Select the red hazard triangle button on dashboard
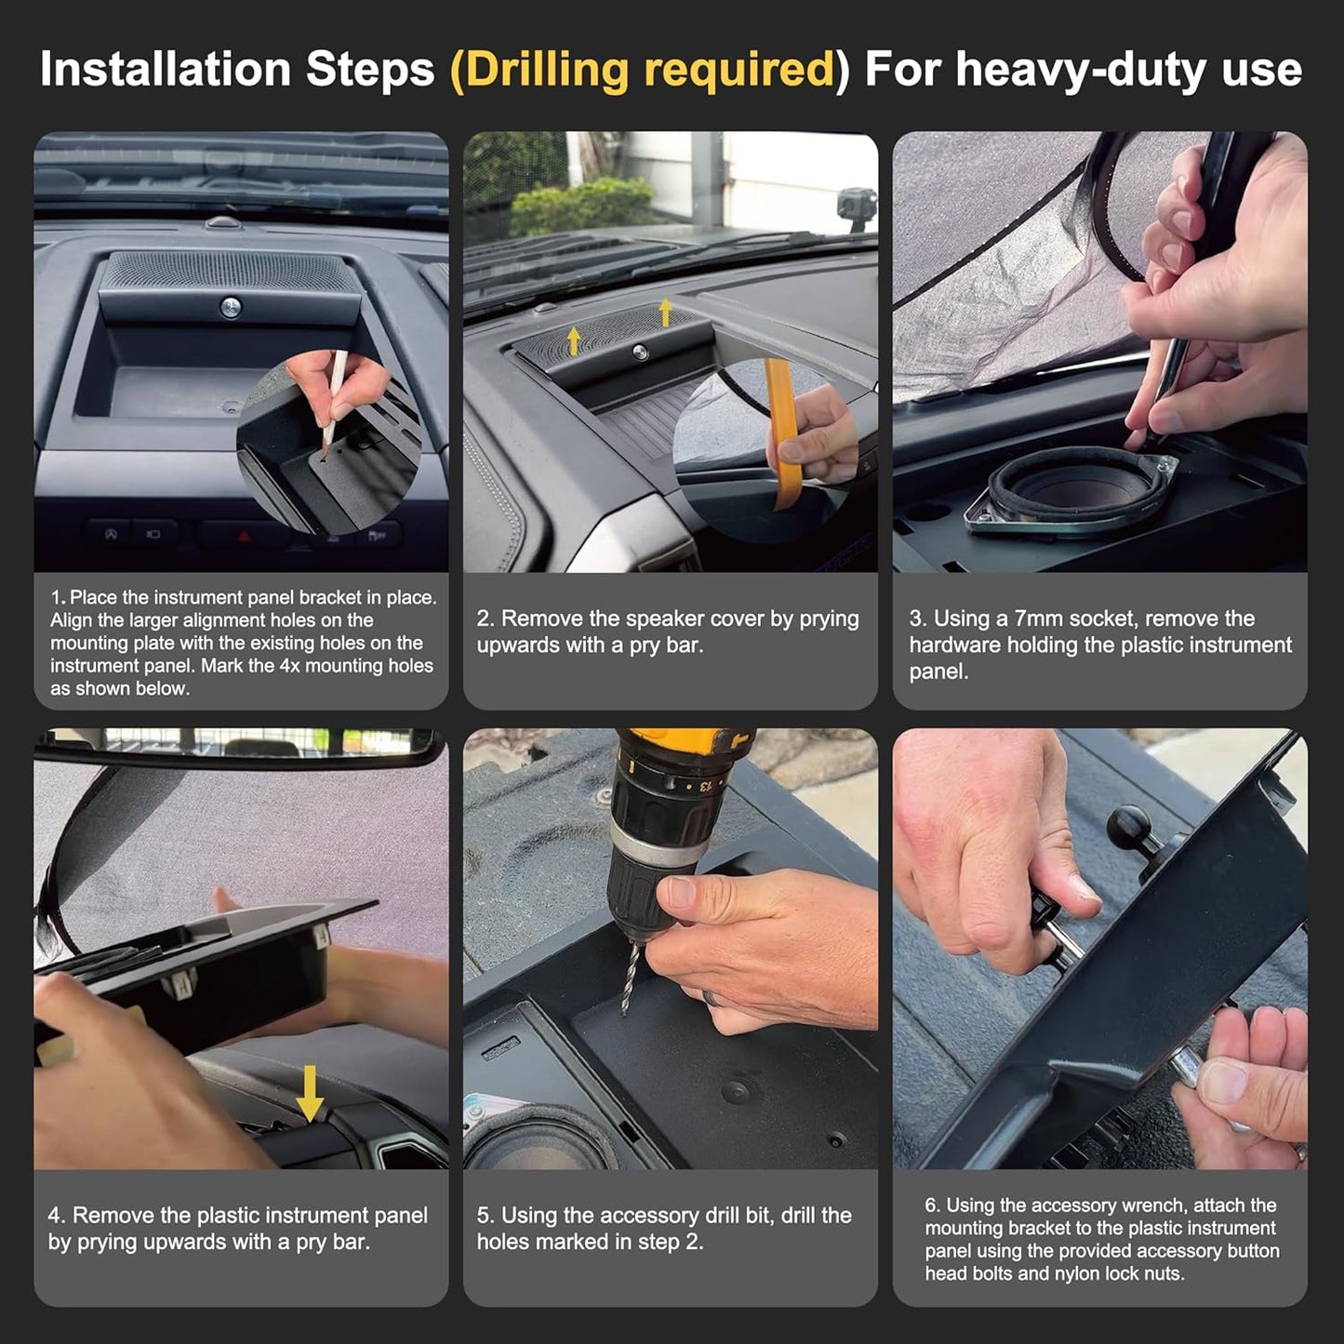(x=244, y=536)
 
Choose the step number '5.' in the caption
(x=486, y=1215)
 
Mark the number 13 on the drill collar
(x=707, y=783)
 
